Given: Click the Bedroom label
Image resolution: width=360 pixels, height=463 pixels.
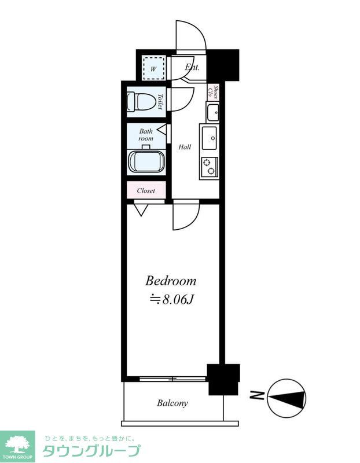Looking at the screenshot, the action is [x=170, y=281].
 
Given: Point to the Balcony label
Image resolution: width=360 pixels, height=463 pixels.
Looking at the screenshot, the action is [x=172, y=403].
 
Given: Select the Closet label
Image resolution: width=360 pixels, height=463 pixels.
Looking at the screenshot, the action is [x=146, y=191].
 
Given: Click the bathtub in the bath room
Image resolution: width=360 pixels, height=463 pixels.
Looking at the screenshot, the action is [x=146, y=162].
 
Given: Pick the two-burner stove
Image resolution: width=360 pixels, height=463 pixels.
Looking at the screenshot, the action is [x=210, y=166].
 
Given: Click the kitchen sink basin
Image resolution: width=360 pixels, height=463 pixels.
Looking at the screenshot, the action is [x=210, y=138].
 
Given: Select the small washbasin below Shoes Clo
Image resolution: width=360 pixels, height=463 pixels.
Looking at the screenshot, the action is [x=213, y=112].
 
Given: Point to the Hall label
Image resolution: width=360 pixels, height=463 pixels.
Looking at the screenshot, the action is [x=185, y=147].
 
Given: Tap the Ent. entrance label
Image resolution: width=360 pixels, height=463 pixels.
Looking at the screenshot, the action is [x=192, y=67].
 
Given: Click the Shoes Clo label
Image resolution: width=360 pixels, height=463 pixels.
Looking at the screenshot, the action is [x=213, y=91].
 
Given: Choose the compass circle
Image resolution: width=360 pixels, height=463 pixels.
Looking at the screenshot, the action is [x=286, y=398].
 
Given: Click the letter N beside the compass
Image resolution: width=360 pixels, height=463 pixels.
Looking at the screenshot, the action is [x=256, y=395].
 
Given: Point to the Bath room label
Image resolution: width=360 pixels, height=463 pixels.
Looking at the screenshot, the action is [x=146, y=135].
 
